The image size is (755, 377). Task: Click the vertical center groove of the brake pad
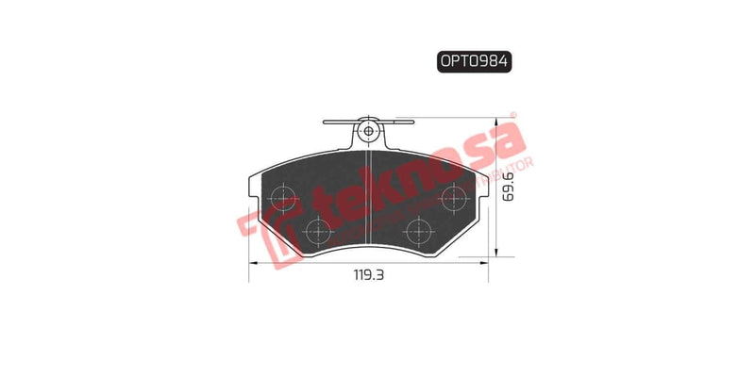click(370, 198)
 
